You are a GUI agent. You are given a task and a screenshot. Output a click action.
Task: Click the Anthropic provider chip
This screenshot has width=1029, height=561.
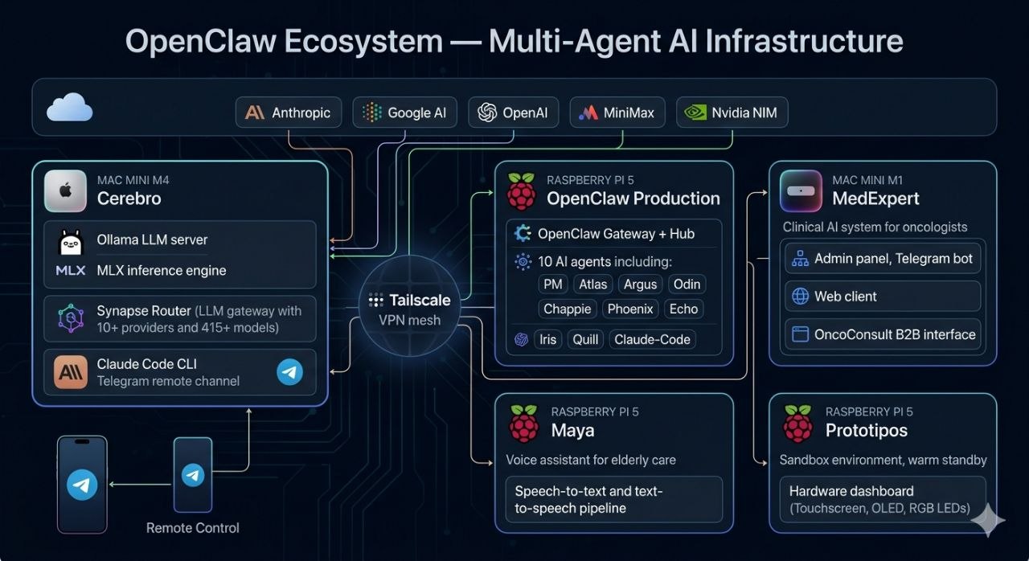click(288, 113)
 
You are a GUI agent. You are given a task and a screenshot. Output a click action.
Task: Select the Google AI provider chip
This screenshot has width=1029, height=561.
click(404, 113)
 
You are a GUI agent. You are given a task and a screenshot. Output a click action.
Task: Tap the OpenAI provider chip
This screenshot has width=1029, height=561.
click(513, 113)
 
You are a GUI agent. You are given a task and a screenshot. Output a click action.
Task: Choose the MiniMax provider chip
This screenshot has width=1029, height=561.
click(617, 113)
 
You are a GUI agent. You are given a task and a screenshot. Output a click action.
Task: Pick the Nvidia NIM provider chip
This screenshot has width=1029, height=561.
click(732, 113)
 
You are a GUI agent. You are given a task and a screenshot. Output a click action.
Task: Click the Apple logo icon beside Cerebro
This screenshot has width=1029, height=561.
click(65, 190)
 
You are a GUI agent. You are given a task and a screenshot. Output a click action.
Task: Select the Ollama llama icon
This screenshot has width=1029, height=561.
click(71, 240)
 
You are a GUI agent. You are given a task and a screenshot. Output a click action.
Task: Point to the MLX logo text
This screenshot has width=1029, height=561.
click(71, 271)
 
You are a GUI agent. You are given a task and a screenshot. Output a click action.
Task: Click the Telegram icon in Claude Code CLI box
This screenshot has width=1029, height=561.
click(289, 371)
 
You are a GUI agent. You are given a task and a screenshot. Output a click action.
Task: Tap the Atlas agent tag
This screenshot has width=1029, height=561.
click(592, 284)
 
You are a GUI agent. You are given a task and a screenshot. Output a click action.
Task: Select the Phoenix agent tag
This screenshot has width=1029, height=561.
click(629, 309)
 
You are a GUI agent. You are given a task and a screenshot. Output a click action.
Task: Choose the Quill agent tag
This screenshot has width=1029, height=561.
click(585, 339)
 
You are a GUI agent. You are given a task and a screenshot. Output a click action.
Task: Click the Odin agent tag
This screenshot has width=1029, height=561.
click(687, 284)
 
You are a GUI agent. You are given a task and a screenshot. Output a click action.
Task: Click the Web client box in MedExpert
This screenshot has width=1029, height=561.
click(882, 297)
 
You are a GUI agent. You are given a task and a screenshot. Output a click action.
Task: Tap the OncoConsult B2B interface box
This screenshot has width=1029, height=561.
click(882, 334)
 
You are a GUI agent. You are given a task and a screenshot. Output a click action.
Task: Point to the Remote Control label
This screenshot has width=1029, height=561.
click(193, 528)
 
